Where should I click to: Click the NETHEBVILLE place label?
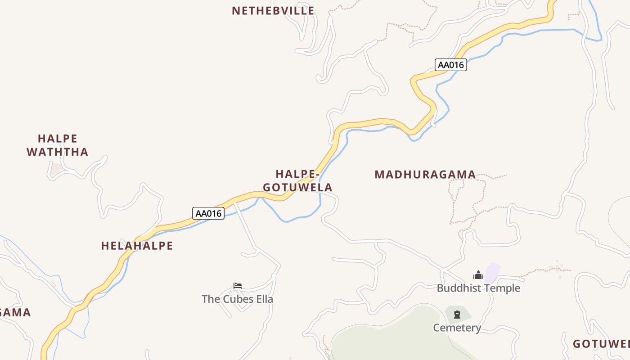[x=273, y=11]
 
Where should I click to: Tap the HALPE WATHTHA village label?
[x=58, y=145]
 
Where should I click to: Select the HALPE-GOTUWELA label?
[x=297, y=180]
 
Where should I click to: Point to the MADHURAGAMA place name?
[x=425, y=174]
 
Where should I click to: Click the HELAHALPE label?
[x=137, y=246]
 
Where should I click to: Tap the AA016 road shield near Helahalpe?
[x=208, y=213]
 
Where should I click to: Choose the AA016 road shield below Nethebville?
[x=451, y=65]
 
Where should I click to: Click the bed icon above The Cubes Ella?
[x=238, y=285]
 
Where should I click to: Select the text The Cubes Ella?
[x=237, y=299]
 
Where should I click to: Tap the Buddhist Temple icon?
[x=478, y=274]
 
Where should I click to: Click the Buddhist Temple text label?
[x=478, y=288]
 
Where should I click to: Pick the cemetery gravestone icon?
[x=457, y=314]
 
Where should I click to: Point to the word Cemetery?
[x=457, y=328]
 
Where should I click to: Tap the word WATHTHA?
[x=58, y=152]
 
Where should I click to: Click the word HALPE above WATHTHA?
[x=58, y=138]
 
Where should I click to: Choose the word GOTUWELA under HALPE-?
[x=297, y=187]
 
